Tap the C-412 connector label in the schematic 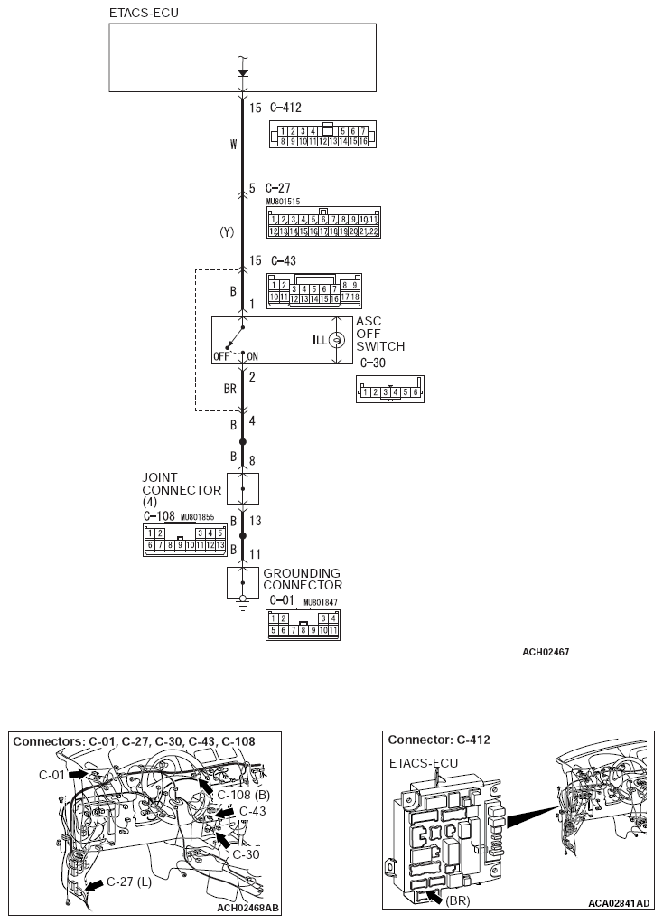tap(286, 108)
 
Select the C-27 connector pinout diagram tap(323, 223)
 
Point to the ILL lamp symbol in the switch tap(335, 340)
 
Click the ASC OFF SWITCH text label tap(379, 334)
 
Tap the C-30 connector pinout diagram tap(390, 391)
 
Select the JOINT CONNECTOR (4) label tap(181, 489)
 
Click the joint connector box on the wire tap(242, 488)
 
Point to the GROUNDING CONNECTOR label tap(302, 579)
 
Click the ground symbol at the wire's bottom tap(242, 600)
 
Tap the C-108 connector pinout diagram tap(184, 539)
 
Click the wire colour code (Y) tap(227, 232)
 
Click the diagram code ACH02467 tap(545, 652)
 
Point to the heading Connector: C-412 tap(438, 740)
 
